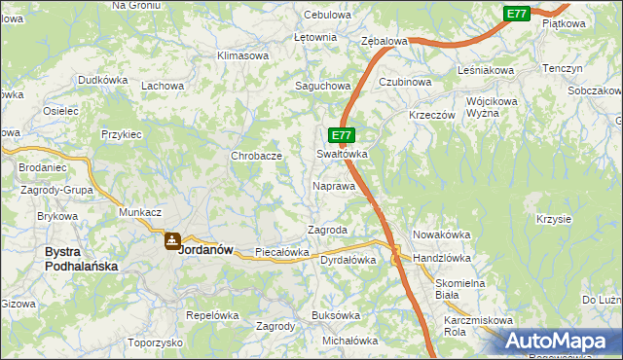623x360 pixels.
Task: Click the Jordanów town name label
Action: click(x=207, y=248)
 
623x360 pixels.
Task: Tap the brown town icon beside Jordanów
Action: click(x=171, y=239)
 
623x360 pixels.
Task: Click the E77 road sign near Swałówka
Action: click(x=340, y=135)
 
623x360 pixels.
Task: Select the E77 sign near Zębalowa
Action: click(x=516, y=14)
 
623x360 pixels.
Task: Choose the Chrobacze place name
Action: click(x=256, y=156)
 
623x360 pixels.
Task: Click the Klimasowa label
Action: click(x=243, y=55)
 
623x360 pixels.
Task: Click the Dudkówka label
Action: click(x=104, y=80)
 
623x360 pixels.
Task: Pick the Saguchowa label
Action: click(x=322, y=86)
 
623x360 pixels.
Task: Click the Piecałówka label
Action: click(x=281, y=252)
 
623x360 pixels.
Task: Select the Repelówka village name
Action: click(x=212, y=315)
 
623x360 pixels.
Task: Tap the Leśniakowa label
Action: click(x=486, y=71)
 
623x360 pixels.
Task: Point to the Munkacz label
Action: click(x=139, y=211)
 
